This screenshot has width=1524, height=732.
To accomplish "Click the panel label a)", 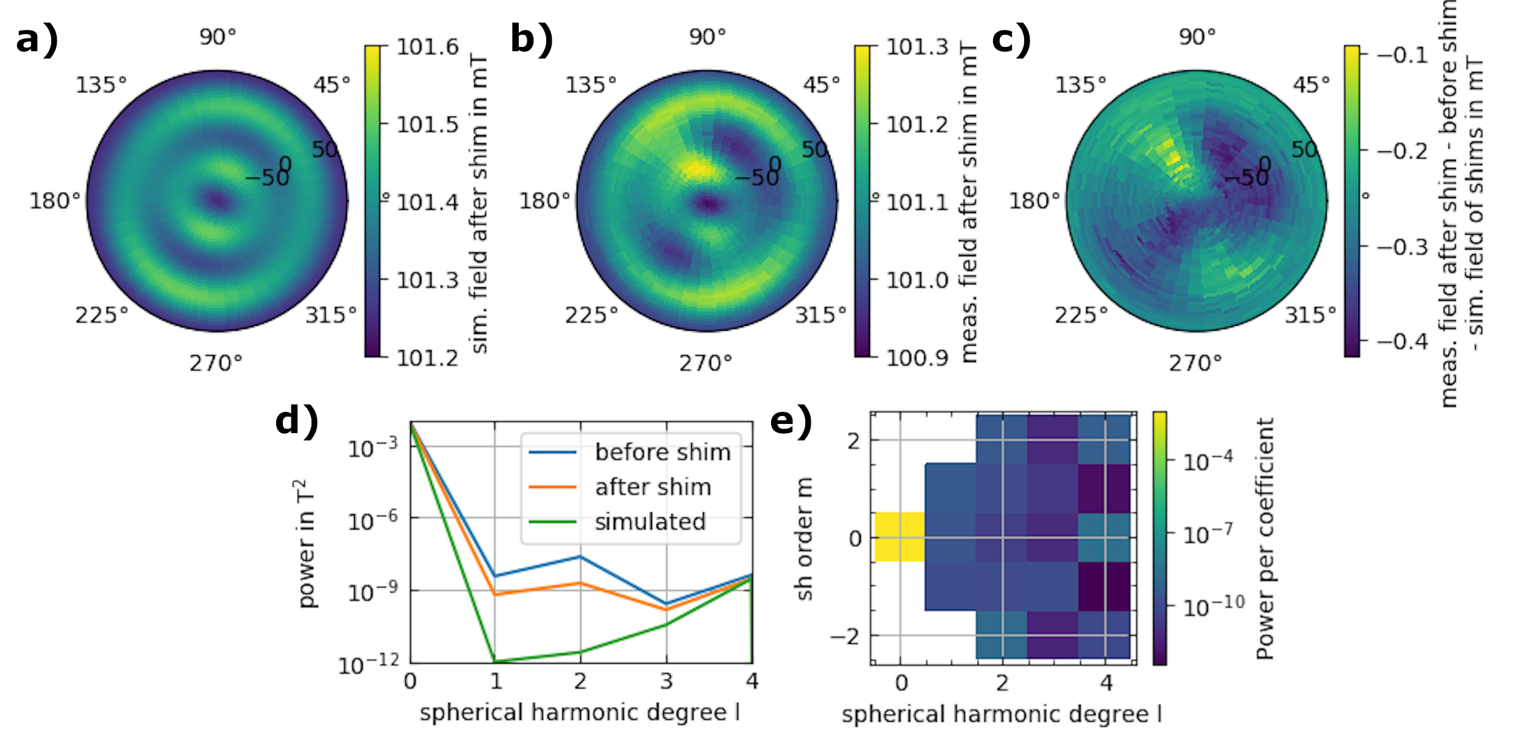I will (x=37, y=40).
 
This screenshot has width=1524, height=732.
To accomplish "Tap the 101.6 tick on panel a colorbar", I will (x=427, y=47).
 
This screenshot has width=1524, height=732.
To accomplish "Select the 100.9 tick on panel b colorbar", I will (x=917, y=358).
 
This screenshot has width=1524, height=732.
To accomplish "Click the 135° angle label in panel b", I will (x=591, y=85).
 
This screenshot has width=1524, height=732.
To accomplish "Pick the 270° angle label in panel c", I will (x=1195, y=364).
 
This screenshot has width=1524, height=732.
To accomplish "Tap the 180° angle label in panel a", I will (x=55, y=201).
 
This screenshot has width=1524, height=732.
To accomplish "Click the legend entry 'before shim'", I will (x=663, y=453).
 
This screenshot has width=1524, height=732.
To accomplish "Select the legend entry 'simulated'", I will (x=650, y=522).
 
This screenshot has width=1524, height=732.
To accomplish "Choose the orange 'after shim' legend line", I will (x=552, y=487).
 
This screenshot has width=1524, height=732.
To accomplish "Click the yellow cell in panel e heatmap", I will (x=900, y=537).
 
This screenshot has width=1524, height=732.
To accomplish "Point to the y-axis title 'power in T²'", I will (x=307, y=544).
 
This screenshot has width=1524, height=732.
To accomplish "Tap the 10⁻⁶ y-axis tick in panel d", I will (x=372, y=521).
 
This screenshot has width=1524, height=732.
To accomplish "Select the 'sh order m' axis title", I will (x=804, y=539).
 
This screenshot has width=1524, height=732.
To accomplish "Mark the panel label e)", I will (x=791, y=421).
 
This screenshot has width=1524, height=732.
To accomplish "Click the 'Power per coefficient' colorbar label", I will (x=1265, y=539).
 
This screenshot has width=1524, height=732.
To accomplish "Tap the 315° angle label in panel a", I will (x=330, y=315).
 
